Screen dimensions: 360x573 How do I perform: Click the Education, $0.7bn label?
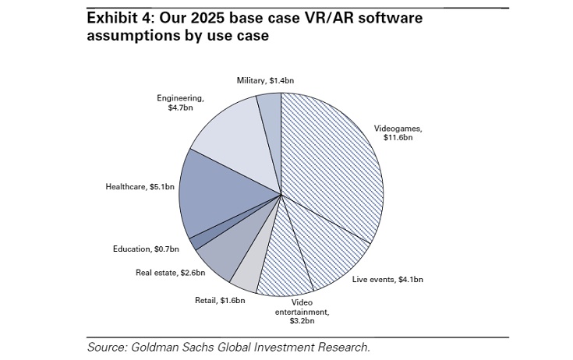[x=145, y=249]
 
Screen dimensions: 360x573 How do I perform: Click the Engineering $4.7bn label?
[x=180, y=104]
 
